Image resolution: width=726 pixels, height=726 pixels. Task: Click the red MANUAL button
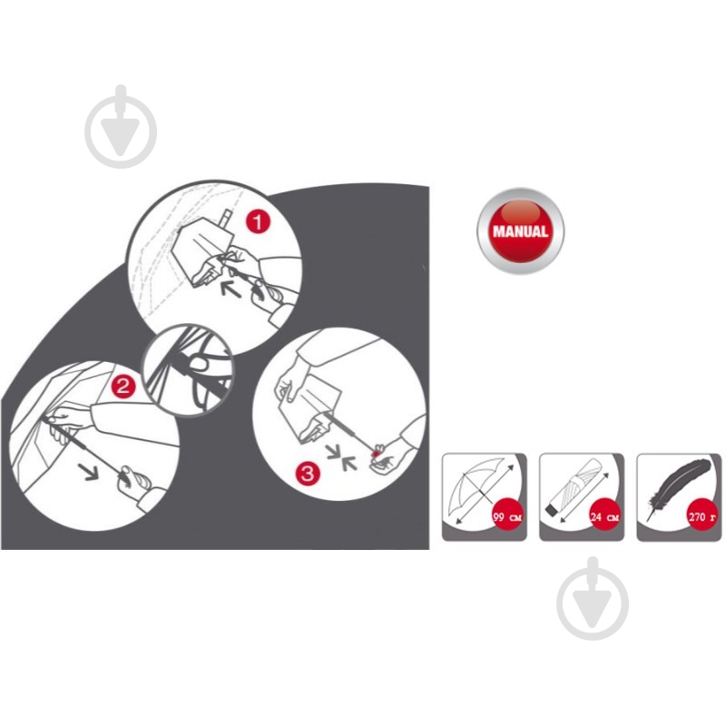[x=520, y=231]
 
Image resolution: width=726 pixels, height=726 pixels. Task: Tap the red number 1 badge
[x=258, y=221]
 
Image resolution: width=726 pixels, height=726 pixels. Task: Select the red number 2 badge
[x=123, y=385]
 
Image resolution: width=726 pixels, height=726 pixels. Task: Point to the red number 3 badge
[x=308, y=473]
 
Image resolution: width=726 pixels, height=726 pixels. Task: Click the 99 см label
[x=508, y=516]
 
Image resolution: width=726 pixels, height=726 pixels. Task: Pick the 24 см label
[x=605, y=516]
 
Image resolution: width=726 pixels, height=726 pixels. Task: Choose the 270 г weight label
[x=702, y=516]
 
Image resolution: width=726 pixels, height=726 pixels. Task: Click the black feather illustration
[x=676, y=486]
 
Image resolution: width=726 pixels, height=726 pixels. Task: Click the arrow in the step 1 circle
[x=231, y=288]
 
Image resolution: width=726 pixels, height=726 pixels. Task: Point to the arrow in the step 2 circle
[x=87, y=471]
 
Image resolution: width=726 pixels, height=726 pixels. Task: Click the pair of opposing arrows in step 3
[x=342, y=456]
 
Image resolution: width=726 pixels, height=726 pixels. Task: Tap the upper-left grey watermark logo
[x=121, y=127]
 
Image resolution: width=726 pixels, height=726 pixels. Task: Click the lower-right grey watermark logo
[x=594, y=599]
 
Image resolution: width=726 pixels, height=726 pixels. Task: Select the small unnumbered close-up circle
[x=188, y=369]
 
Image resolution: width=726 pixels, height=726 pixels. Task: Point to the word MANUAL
[x=520, y=231]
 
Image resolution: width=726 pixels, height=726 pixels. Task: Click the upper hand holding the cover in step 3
[x=291, y=378]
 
